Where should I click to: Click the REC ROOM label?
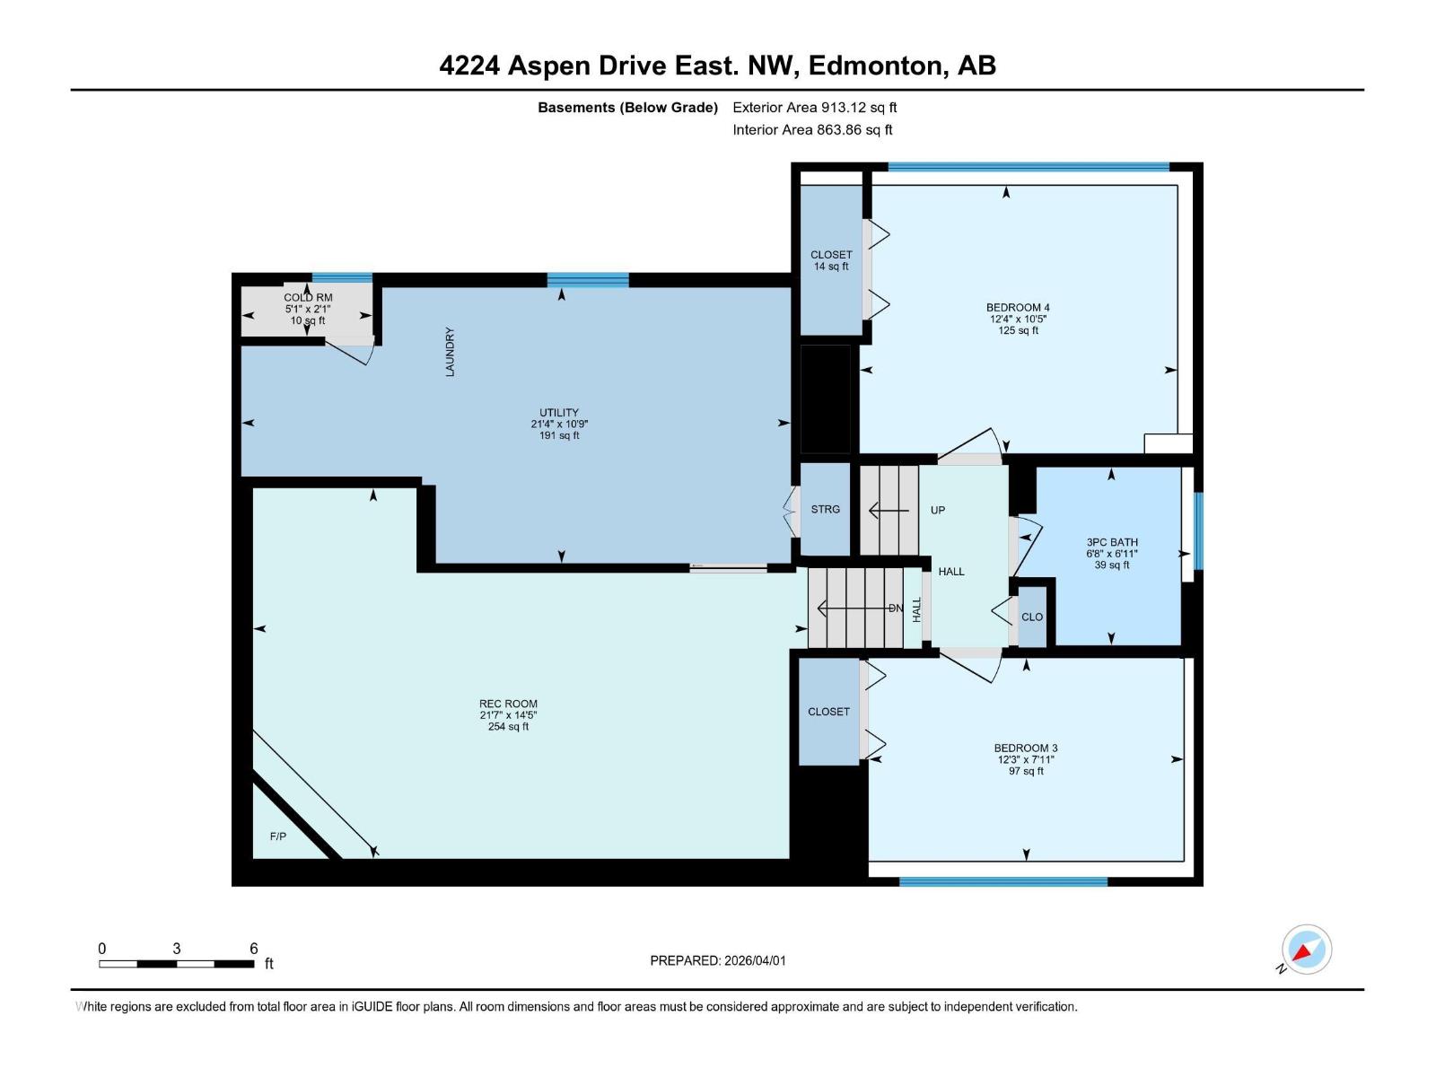(508, 704)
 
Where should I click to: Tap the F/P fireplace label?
(278, 836)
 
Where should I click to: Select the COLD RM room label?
(308, 297)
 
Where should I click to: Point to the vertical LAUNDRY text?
(451, 352)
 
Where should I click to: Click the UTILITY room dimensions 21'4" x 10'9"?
(558, 425)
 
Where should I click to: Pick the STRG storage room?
(825, 509)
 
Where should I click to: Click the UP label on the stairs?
(938, 510)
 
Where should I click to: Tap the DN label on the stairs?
(895, 609)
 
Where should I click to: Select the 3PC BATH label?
(1112, 542)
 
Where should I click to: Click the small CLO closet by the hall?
(1032, 617)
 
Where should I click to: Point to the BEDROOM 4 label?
(1018, 307)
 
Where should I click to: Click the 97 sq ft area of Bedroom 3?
(1026, 771)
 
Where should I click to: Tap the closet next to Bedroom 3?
(828, 711)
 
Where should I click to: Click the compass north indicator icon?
(1306, 950)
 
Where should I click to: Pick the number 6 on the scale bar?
(254, 949)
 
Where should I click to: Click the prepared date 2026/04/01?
(754, 960)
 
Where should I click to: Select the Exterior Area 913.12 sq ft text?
(815, 107)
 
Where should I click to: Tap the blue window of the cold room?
(342, 277)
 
